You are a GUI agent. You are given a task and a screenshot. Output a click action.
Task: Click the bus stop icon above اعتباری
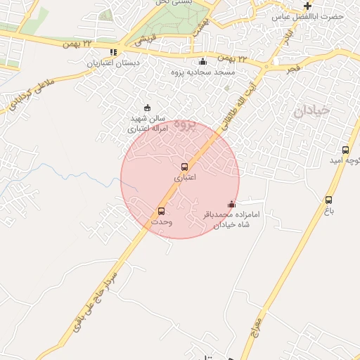click(x=184, y=167)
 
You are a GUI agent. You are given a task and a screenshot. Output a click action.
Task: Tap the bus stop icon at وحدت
click(x=161, y=211)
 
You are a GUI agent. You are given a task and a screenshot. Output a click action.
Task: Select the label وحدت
click(x=161, y=221)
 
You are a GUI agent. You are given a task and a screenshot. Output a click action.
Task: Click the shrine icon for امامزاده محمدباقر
click(x=232, y=205)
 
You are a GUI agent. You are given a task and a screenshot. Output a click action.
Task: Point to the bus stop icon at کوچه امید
click(x=345, y=150)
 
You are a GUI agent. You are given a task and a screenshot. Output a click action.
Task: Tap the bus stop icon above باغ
click(x=328, y=200)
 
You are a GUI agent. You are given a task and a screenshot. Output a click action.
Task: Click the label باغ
click(x=328, y=210)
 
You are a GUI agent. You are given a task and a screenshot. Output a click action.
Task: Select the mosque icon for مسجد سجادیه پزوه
click(x=203, y=61)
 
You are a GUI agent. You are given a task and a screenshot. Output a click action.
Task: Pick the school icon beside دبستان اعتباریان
click(x=113, y=52)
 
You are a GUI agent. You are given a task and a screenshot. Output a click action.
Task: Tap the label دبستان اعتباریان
click(x=113, y=63)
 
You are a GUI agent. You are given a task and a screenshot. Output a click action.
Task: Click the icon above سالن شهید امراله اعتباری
click(x=146, y=108)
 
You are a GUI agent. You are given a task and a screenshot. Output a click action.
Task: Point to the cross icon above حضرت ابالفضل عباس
click(x=307, y=6)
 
